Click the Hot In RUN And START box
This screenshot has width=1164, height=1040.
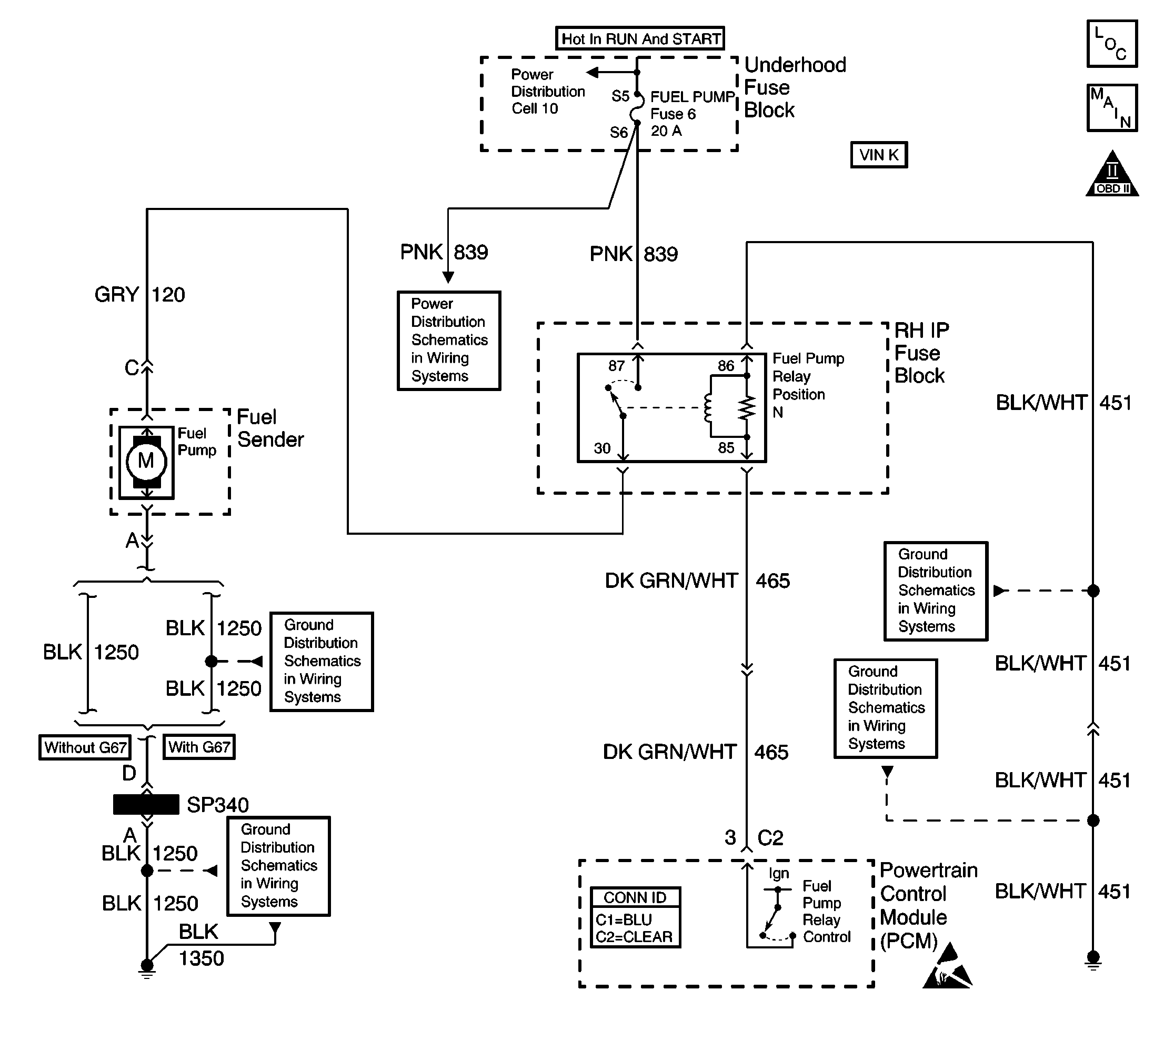[x=640, y=39]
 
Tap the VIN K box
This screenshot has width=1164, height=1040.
[x=878, y=155]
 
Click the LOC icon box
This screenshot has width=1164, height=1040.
[x=1111, y=44]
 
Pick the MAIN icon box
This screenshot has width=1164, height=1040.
[x=1111, y=108]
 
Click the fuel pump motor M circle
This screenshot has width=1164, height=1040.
[x=146, y=461]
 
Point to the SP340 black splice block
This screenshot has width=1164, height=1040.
[x=146, y=805]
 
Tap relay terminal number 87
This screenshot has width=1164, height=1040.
[x=616, y=366]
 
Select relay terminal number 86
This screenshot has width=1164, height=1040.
[x=726, y=366]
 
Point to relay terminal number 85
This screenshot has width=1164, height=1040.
[x=726, y=448]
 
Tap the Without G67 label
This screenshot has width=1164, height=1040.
[x=85, y=747]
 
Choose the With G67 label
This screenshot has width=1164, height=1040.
[x=199, y=747]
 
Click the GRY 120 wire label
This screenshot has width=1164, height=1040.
[x=139, y=295]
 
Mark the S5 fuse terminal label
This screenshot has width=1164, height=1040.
[x=620, y=96]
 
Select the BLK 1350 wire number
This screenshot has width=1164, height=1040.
[x=201, y=959]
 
